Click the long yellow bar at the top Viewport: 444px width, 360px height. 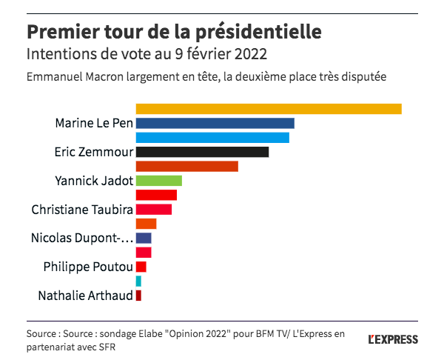point(269,109)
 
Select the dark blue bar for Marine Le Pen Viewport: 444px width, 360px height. point(215,123)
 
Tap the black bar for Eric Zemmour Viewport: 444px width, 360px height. point(202,152)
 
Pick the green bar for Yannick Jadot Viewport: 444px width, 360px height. point(159,181)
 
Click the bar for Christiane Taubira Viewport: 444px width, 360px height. point(154,210)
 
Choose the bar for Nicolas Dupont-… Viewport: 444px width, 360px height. point(144,239)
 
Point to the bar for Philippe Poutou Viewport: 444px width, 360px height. point(141,267)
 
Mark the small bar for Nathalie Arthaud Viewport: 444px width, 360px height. point(138,296)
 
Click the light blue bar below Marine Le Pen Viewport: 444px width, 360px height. point(212,138)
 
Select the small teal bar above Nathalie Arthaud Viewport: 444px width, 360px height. point(138,281)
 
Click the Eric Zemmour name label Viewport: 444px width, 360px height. point(94,152)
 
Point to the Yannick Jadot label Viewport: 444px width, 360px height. point(94,181)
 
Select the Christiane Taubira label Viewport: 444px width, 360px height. point(82,210)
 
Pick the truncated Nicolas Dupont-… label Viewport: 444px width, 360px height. point(82,239)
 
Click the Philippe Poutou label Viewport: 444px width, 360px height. point(88,267)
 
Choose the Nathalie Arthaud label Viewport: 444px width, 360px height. point(85,296)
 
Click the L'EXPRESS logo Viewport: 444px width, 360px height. point(393,339)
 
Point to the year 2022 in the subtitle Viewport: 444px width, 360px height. point(249,55)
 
